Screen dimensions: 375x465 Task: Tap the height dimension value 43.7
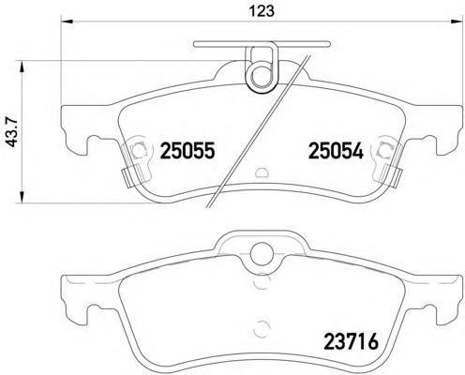point(11,129)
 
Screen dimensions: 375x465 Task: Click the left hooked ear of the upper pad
point(76,131)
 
